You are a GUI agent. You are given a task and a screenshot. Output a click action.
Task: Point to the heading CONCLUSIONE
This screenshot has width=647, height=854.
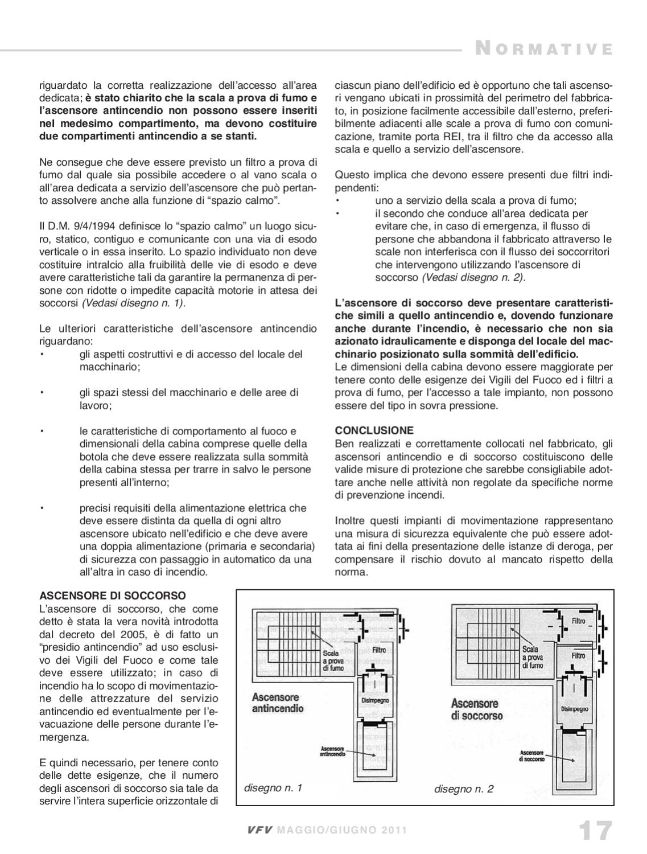point(374,430)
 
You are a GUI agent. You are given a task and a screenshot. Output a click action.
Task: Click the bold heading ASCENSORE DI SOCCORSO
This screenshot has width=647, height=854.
point(113,596)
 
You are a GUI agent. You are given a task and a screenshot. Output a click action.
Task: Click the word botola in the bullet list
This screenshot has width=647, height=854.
point(93,457)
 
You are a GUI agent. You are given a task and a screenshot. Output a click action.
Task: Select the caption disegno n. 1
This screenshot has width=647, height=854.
point(273,788)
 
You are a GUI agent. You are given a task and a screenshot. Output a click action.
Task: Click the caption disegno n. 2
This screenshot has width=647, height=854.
point(464,789)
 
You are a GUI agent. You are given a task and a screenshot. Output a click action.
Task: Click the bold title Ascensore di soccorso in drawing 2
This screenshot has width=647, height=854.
point(477,709)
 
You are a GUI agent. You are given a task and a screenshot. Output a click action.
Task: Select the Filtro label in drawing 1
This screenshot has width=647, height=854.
point(380,650)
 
